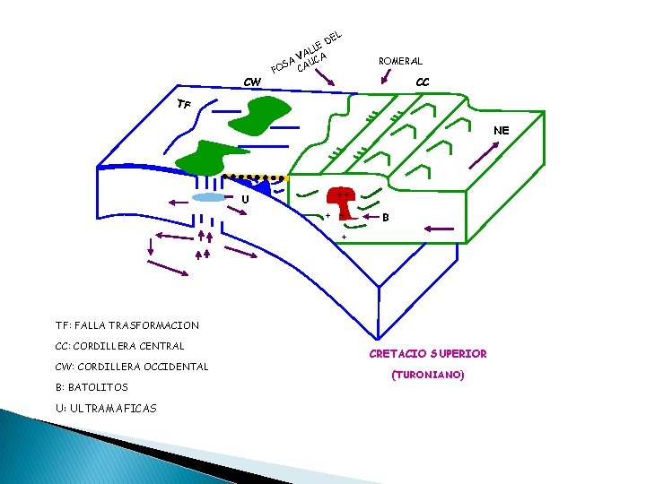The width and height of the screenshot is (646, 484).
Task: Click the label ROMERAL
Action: [400, 61]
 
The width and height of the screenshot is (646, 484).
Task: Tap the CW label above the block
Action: [253, 82]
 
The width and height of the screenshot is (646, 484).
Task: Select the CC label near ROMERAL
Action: [423, 82]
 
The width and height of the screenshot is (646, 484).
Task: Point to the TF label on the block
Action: [184, 104]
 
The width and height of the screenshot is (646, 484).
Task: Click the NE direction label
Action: [501, 130]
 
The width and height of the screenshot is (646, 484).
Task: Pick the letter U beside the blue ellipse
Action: [244, 198]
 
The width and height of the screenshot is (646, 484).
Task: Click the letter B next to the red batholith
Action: [386, 217]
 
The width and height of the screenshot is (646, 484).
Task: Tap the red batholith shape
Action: [343, 201]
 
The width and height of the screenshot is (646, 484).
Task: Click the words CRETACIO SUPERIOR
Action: [428, 353]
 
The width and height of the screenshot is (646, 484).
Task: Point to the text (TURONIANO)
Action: [428, 376]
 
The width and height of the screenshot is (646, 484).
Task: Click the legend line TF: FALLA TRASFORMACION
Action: [127, 325]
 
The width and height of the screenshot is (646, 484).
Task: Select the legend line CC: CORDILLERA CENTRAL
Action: [119, 346]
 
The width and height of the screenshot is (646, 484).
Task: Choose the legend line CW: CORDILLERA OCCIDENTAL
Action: [131, 367]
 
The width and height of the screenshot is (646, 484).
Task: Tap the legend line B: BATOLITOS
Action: [92, 387]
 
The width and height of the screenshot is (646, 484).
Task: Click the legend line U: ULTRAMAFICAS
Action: [105, 408]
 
